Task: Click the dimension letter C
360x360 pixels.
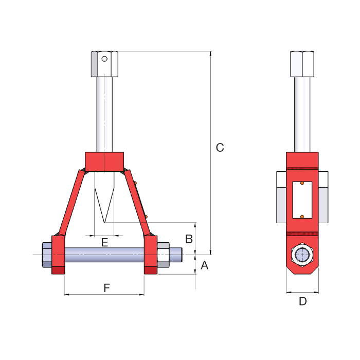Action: click(220, 148)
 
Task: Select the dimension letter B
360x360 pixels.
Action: click(189, 239)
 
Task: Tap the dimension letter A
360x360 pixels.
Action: click(204, 265)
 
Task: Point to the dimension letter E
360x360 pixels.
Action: click(104, 242)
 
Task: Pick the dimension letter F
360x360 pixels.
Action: click(107, 288)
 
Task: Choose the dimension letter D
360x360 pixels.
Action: click(302, 301)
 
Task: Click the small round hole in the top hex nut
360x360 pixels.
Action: click(104, 59)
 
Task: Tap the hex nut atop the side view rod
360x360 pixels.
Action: click(302, 64)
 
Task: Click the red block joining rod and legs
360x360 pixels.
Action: click(104, 161)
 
